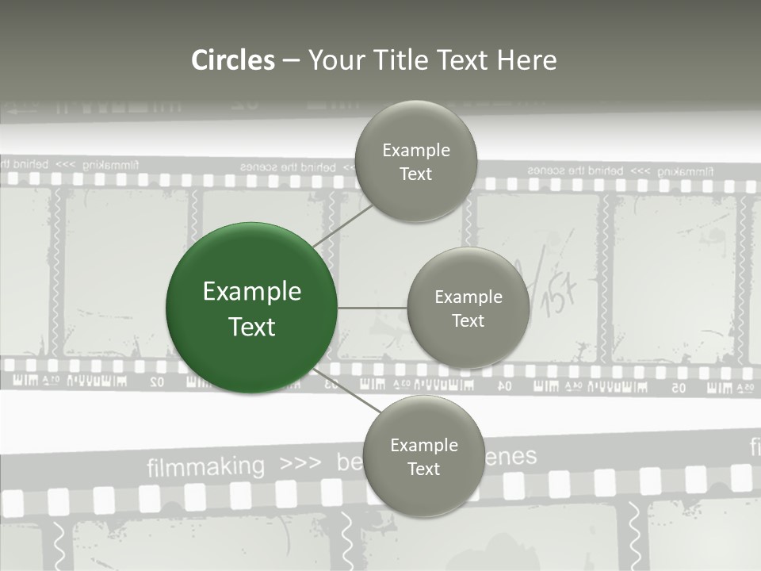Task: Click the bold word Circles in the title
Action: click(233, 60)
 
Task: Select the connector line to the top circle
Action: click(342, 226)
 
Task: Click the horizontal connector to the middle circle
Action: click(372, 308)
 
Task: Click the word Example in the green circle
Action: click(252, 292)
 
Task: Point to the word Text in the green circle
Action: click(252, 327)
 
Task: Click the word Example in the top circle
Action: click(416, 151)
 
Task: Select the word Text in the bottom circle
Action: click(423, 469)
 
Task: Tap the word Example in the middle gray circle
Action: click(468, 297)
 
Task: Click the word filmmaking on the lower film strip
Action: click(205, 466)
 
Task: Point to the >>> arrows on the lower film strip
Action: click(300, 463)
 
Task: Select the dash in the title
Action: click(291, 60)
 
